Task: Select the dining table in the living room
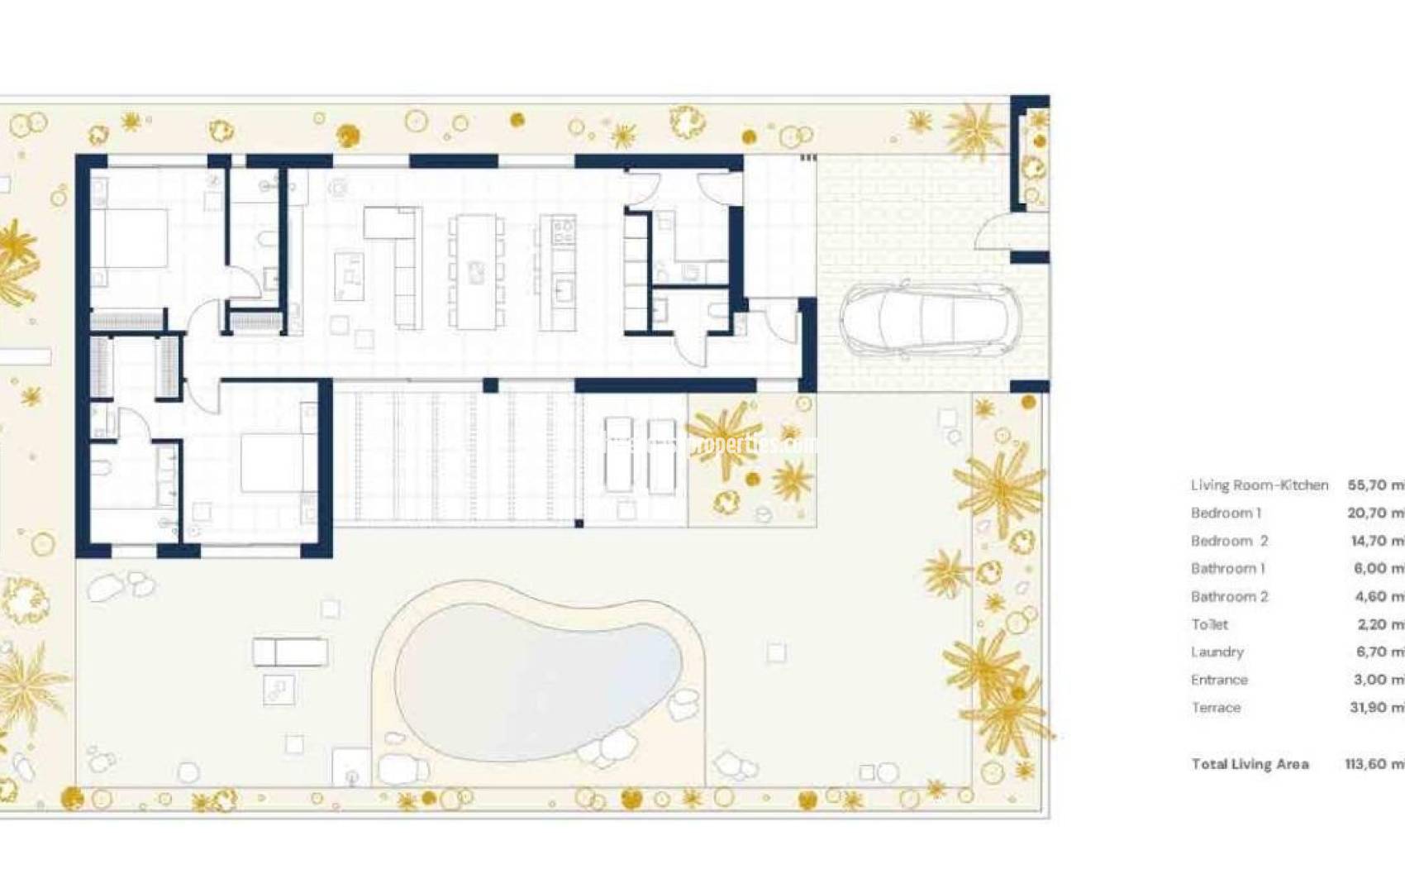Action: (x=476, y=271)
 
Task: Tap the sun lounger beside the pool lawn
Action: (x=290, y=652)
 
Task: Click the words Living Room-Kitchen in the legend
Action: (x=1259, y=485)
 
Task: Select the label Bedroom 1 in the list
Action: (x=1226, y=513)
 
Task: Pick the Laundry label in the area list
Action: (x=1217, y=652)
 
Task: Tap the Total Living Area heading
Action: (x=1250, y=764)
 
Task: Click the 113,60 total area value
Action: (x=1372, y=764)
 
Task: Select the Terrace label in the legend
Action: (x=1216, y=708)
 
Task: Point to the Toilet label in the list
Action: (x=1209, y=624)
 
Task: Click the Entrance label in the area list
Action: (x=1219, y=680)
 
